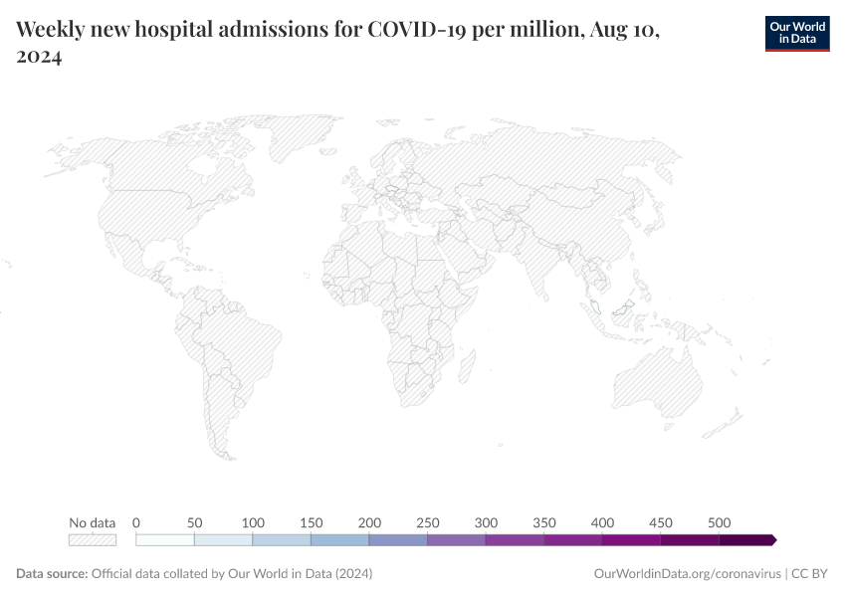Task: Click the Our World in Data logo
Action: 796,33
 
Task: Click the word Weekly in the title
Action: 49,30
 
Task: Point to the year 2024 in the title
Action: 39,58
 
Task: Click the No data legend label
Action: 92,522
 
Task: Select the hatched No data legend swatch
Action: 92,540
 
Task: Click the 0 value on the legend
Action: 136,522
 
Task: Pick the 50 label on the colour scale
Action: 194,522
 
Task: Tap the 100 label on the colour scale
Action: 253,522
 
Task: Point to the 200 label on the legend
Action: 369,522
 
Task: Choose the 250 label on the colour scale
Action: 428,522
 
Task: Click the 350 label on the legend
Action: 544,522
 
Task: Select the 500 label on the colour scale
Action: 720,522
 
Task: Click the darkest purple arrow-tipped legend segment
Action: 746,540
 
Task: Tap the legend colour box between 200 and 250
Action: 398,540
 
